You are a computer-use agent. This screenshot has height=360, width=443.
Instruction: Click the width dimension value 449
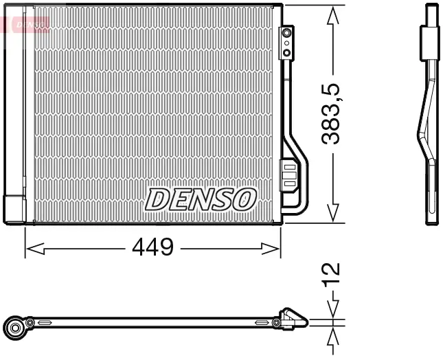152,247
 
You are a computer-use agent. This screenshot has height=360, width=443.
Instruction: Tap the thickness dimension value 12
332,273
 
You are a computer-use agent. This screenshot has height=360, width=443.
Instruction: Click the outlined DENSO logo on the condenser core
200,199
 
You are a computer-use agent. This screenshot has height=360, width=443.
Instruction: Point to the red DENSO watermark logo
27,25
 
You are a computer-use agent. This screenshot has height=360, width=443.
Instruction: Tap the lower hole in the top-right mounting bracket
287,52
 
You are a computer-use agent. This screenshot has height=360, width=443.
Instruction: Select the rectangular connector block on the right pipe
289,175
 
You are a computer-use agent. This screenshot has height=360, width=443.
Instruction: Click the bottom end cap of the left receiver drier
14,210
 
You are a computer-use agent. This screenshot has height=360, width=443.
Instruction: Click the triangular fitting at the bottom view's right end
295,319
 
